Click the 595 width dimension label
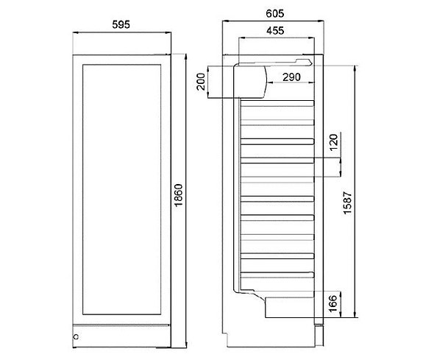point(121,24)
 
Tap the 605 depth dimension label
point(275,13)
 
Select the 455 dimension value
point(275,30)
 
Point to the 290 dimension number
point(291,77)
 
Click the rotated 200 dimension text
point(201,82)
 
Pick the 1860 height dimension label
point(178,195)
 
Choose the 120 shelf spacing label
point(334,142)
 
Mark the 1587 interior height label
point(348,203)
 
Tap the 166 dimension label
point(333,303)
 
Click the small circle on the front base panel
point(76,336)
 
